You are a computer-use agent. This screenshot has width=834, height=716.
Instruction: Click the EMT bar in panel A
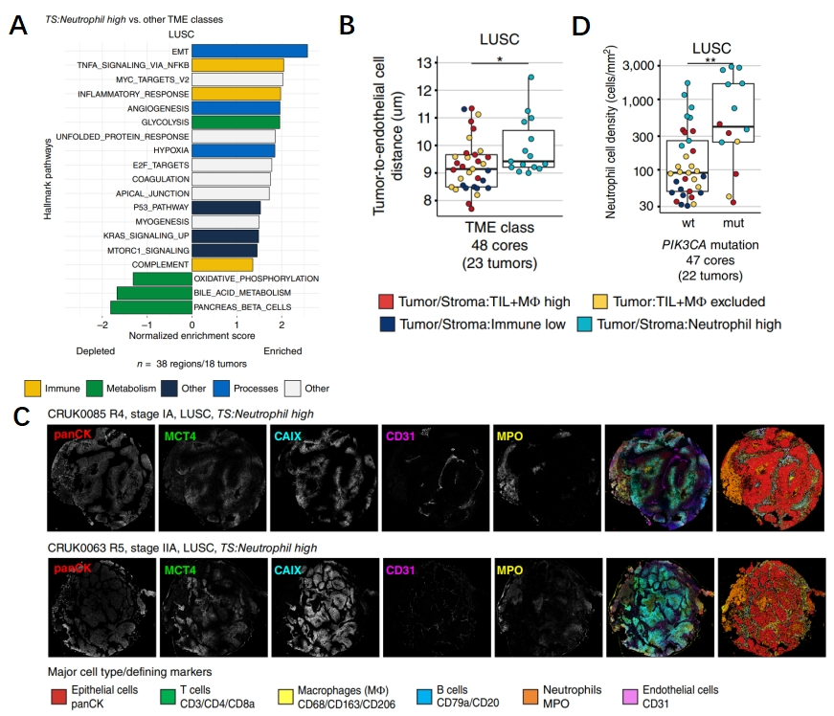click(248, 51)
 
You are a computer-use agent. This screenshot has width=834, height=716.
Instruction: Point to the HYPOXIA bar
click(233, 150)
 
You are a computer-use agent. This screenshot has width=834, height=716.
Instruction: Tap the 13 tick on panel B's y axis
click(423, 63)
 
